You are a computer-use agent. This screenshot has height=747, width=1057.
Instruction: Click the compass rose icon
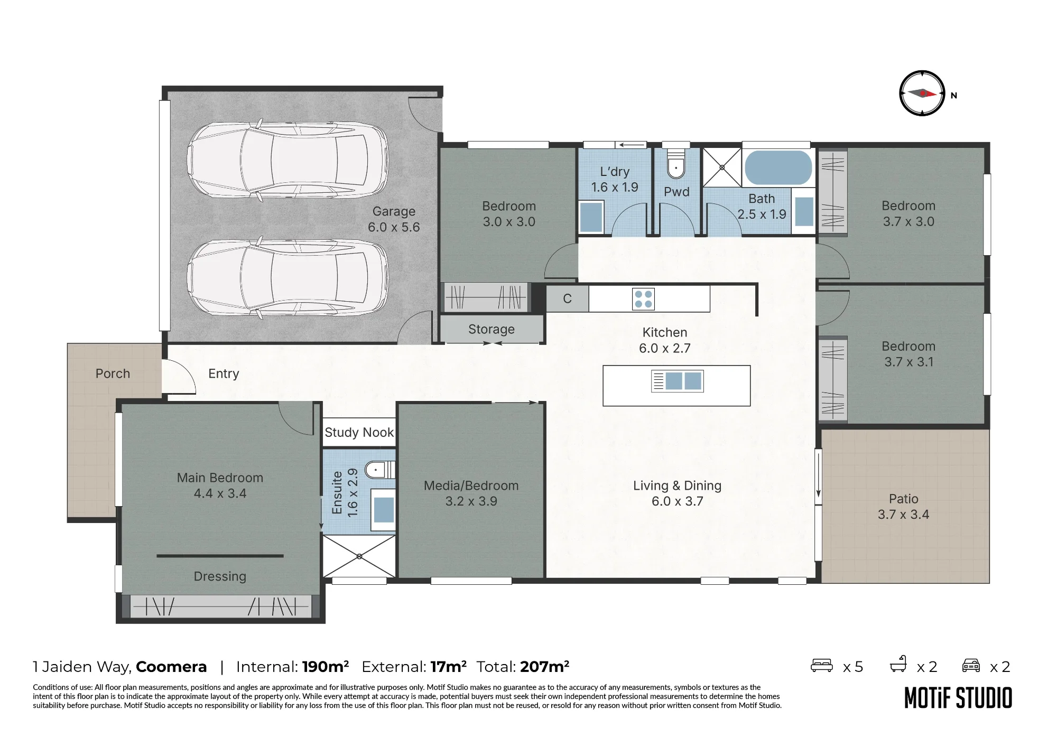tap(922, 94)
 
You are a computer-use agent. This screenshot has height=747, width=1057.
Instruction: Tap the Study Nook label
tap(359, 433)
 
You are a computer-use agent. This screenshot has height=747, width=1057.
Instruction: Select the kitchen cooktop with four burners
tap(643, 299)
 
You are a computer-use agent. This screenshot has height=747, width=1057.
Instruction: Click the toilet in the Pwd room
tap(676, 164)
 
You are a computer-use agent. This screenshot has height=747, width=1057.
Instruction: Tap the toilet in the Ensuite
tap(381, 469)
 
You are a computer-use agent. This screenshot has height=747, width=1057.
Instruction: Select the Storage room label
tap(492, 330)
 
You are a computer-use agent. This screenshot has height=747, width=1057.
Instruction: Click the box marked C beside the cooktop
tap(567, 299)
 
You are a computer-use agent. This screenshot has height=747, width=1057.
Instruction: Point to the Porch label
tap(113, 373)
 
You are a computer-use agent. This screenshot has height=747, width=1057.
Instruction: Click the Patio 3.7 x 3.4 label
tap(904, 507)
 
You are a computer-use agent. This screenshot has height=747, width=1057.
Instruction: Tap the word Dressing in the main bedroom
tap(220, 576)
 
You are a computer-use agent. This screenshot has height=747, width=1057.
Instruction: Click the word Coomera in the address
tap(171, 667)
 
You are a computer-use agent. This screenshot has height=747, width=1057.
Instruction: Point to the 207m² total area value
tap(545, 667)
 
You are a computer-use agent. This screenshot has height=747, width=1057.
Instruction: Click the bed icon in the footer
tap(822, 665)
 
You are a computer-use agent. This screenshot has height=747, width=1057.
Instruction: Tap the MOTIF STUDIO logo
tap(958, 698)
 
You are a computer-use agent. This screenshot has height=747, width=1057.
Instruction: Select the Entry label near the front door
tap(224, 374)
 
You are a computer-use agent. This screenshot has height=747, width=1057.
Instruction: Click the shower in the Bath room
tap(722, 167)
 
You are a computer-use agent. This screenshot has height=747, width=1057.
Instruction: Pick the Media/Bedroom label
tap(471, 485)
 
